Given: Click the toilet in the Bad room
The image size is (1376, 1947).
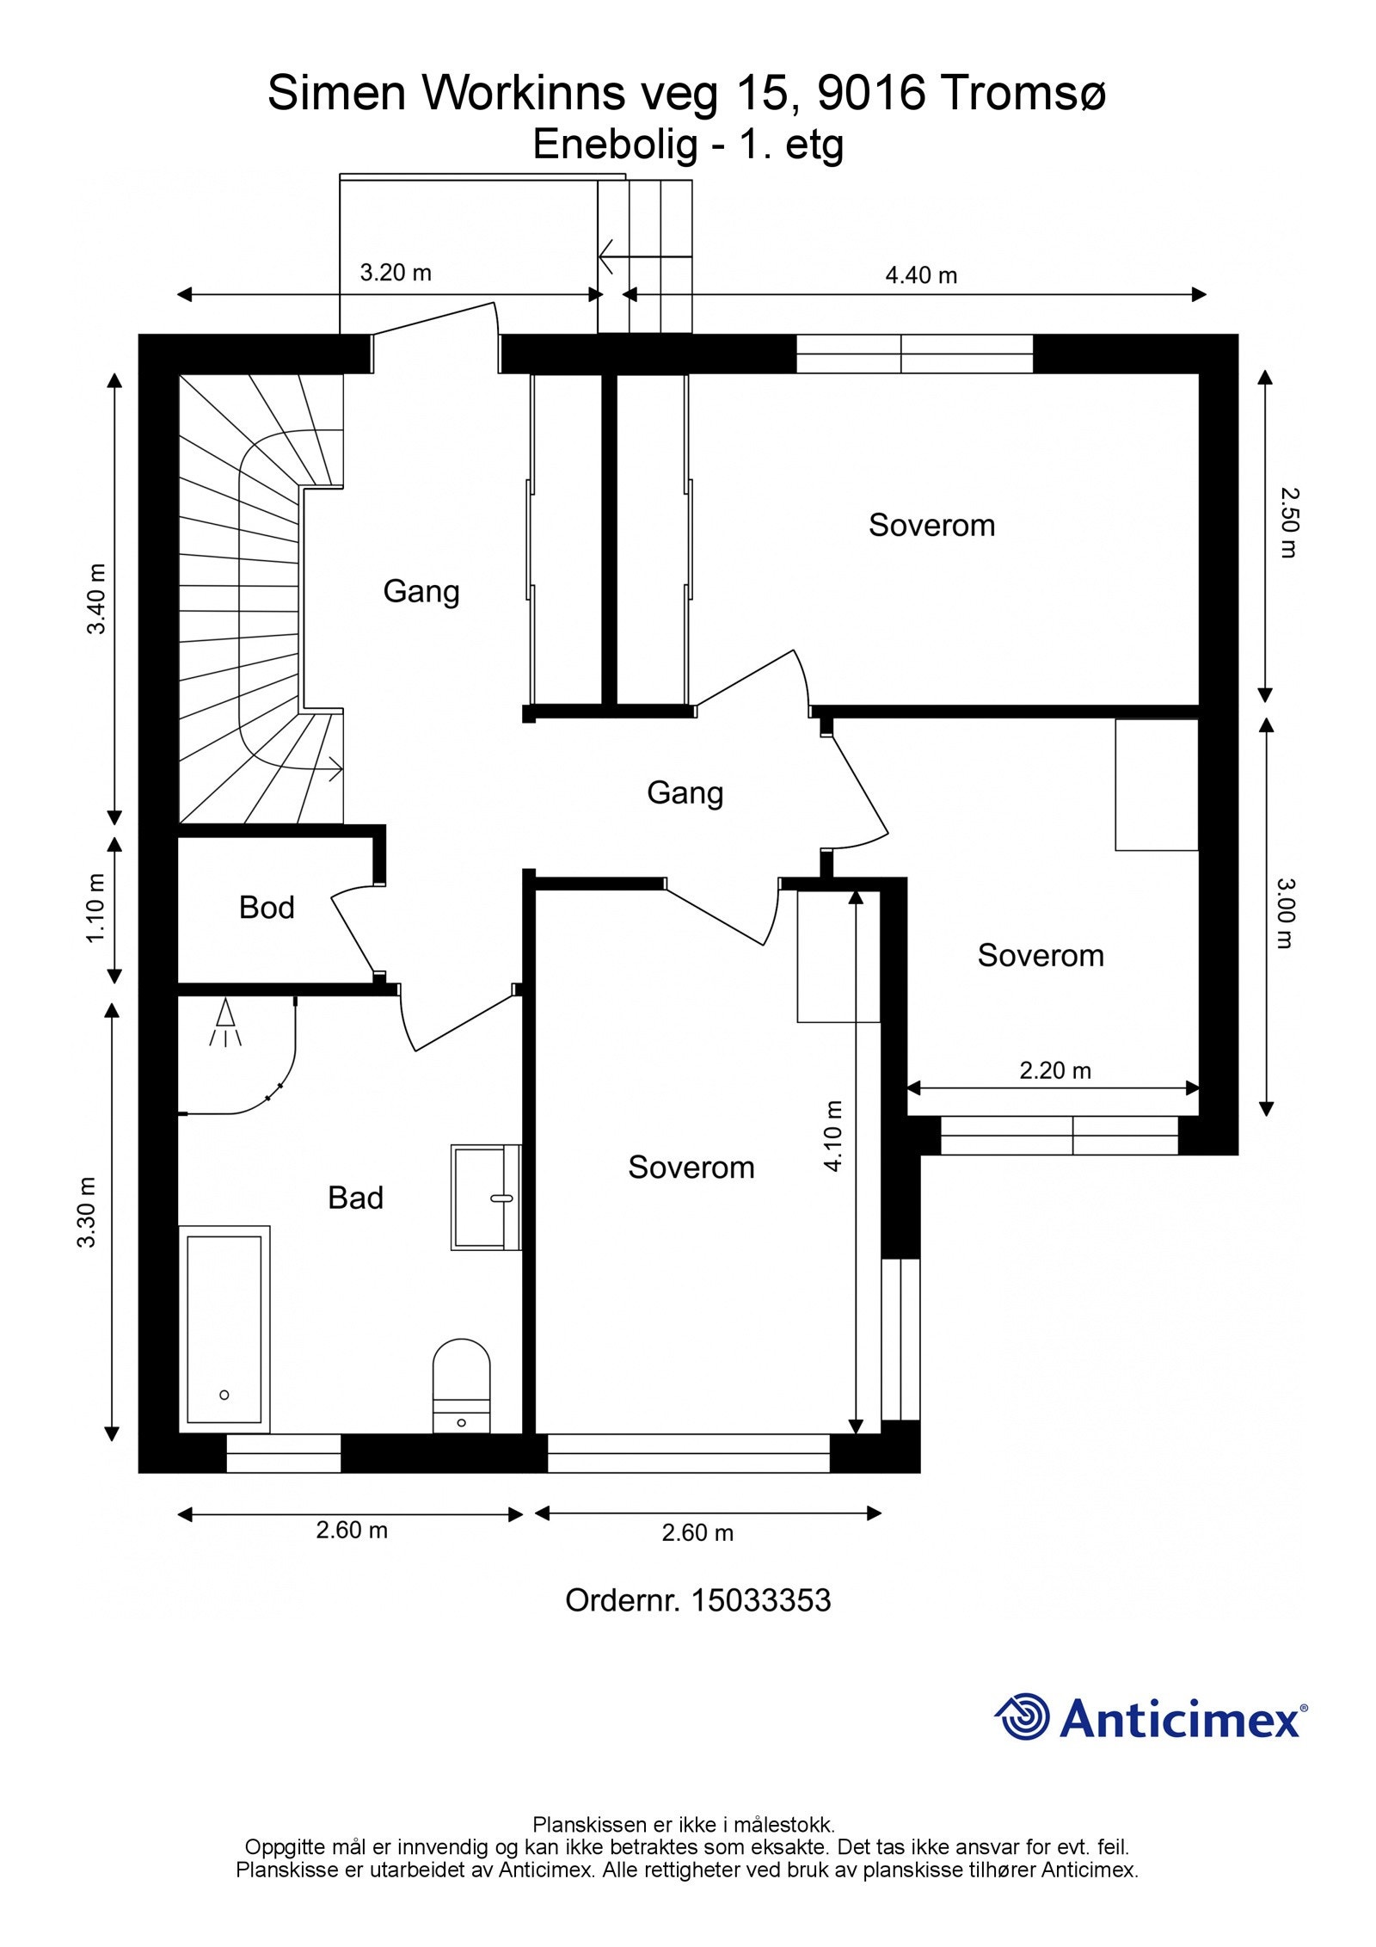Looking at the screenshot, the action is point(461,1384).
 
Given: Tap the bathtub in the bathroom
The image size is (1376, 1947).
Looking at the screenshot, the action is point(224,1329).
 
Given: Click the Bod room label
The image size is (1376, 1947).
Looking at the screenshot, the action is point(267,908).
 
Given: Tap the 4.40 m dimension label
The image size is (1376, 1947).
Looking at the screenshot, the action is point(921,275).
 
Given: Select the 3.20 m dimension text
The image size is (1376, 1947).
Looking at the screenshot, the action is point(396,273).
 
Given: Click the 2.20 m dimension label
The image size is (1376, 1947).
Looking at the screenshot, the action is point(1055,1070).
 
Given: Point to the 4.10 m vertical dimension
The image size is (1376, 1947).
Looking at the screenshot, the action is point(833,1136).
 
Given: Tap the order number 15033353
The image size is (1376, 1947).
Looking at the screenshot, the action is point(761,1600).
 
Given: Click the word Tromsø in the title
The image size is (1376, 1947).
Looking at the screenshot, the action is point(1023,93).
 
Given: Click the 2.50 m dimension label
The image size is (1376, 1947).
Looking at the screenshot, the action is point(1287,522).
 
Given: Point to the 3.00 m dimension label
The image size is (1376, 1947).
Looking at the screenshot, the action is point(1282,913).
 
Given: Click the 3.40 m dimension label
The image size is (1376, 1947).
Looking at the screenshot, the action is point(97,599).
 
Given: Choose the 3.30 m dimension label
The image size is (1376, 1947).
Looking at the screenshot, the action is point(87,1211).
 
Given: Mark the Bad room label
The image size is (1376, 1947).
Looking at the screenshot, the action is point(355,1198).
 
